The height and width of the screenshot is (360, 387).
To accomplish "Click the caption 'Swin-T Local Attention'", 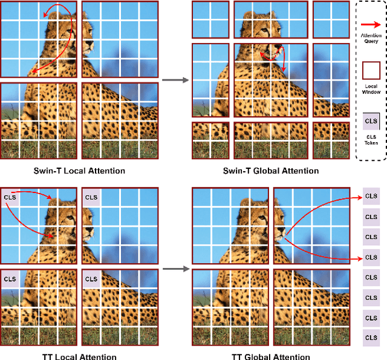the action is (x=79, y=171).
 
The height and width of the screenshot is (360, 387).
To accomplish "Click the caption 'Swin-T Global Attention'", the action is (x=271, y=171).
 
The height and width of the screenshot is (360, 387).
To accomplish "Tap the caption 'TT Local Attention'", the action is (x=79, y=356).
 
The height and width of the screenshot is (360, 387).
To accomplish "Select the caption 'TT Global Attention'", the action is (x=271, y=356).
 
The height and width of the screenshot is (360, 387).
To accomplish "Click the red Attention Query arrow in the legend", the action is (x=371, y=24).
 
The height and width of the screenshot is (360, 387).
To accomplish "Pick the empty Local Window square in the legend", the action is (x=371, y=71).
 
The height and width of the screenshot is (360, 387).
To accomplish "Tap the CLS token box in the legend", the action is (x=371, y=121).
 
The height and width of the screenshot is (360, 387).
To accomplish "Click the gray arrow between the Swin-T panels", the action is (x=175, y=80).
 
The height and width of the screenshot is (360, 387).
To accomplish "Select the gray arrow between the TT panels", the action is (x=176, y=269).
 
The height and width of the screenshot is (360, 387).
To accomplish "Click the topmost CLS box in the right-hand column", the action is (x=371, y=196).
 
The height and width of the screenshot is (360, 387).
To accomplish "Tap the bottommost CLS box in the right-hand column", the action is (x=371, y=338).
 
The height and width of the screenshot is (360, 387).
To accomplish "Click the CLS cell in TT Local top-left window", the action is (x=10, y=197).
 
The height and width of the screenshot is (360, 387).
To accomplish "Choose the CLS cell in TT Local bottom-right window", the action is (x=91, y=279).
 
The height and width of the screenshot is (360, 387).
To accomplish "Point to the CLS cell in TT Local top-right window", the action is (x=91, y=197).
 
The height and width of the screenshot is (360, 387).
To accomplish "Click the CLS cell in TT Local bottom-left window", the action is (x=10, y=279).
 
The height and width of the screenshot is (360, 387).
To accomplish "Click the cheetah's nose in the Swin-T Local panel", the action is (x=90, y=44).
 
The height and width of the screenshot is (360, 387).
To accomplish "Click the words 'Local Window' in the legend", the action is (x=371, y=89).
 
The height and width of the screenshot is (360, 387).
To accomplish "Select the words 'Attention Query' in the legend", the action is (x=371, y=38).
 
